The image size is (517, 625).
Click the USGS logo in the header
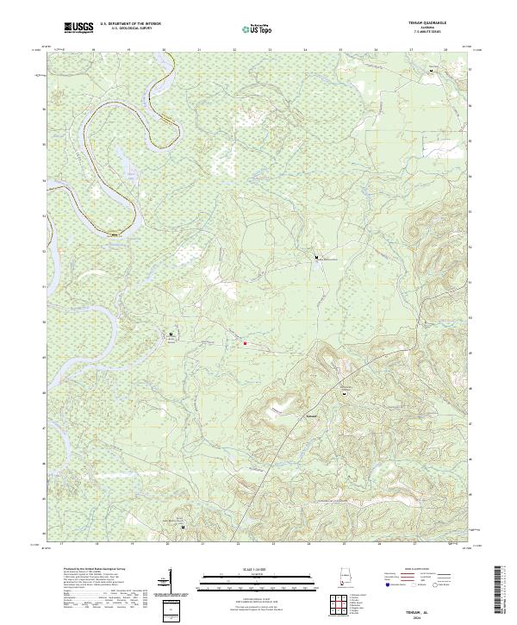(78, 28)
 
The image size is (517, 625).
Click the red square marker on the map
(245, 342)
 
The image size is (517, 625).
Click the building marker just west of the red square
(171, 334)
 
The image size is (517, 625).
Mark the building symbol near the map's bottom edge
(182, 520)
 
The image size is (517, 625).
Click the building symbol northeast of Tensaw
(345, 392)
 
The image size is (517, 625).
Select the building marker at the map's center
(316, 256)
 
